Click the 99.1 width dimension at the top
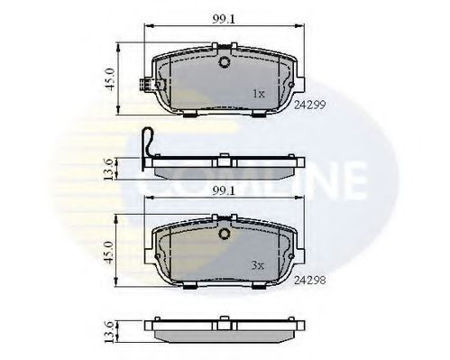(222, 17)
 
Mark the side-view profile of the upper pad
(222, 168)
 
